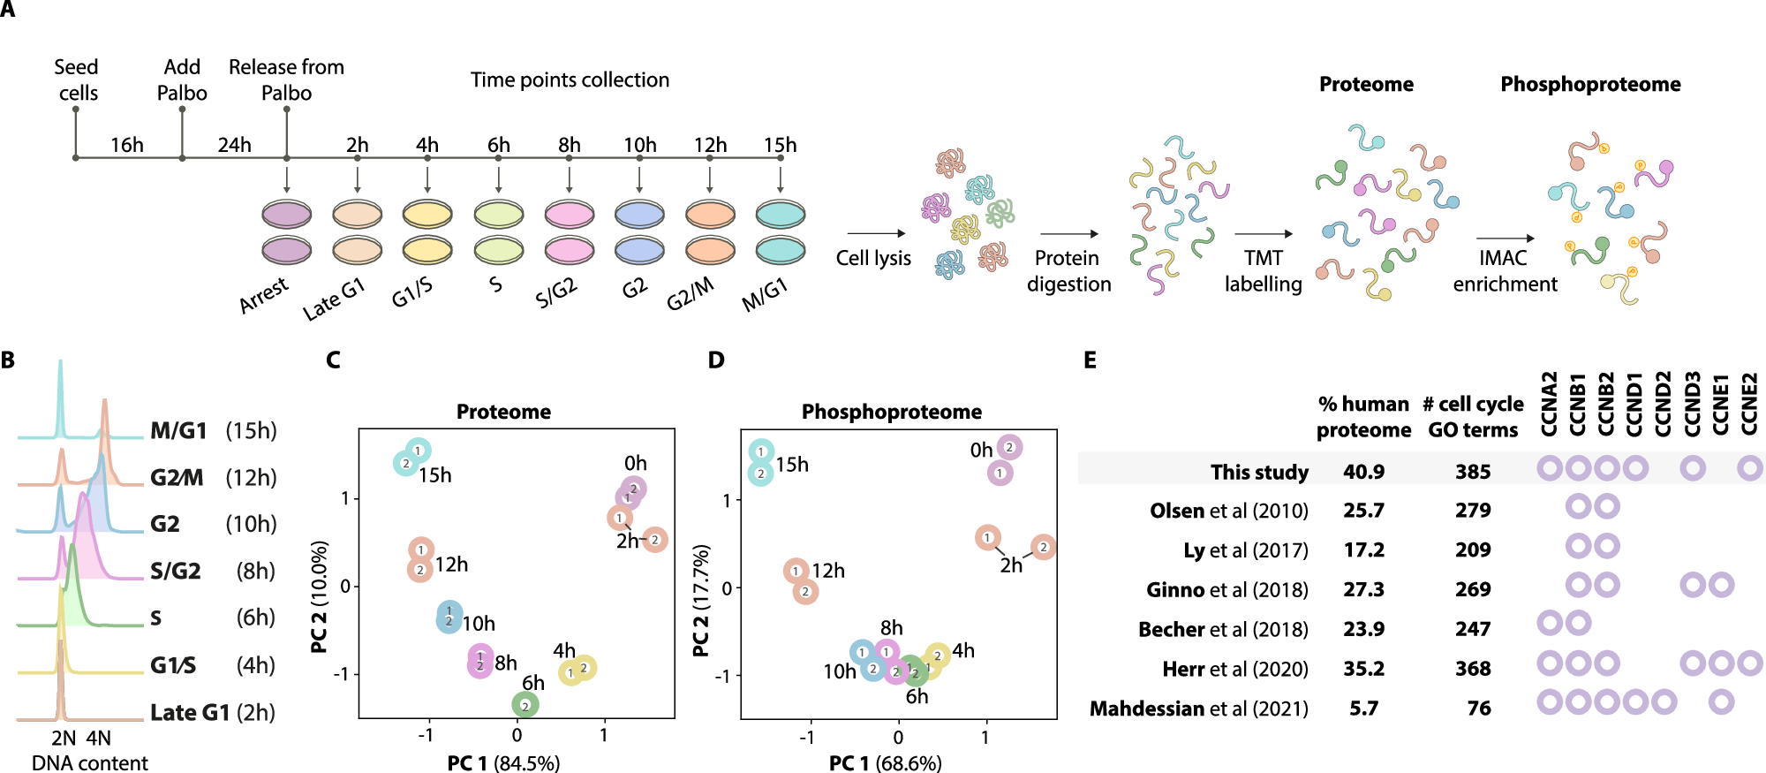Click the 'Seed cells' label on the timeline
click(78, 80)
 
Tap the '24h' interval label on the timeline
click(234, 145)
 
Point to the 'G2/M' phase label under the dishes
click(690, 294)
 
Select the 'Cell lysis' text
click(873, 258)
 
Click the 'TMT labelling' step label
click(1263, 270)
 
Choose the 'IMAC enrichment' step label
click(1505, 270)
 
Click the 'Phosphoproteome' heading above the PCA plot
click(891, 412)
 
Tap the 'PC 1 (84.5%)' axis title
click(503, 762)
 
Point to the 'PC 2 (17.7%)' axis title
click(701, 601)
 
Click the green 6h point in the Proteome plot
click(525, 705)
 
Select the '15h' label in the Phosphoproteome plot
click(791, 465)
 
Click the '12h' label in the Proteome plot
click(451, 565)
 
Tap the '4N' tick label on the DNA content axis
click(98, 738)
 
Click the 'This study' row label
click(1259, 472)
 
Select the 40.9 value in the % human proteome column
click(1363, 472)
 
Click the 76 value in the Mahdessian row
click(1478, 709)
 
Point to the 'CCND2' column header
click(1663, 404)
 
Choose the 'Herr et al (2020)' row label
click(1234, 669)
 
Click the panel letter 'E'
click(1091, 360)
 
